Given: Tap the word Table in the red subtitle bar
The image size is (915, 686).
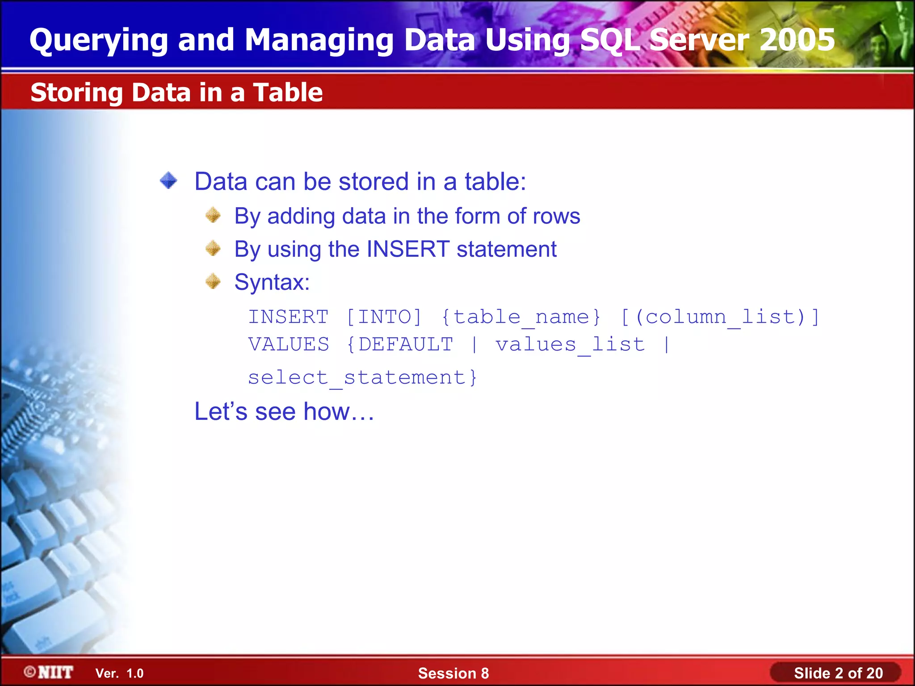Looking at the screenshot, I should (x=288, y=92).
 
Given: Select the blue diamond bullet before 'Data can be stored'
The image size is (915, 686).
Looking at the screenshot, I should (x=168, y=181).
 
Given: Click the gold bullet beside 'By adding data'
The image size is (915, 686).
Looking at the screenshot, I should (x=213, y=215).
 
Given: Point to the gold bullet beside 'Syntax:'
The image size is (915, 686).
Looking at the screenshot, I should (x=213, y=281).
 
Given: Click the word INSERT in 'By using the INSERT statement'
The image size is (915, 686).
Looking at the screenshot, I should (x=407, y=249).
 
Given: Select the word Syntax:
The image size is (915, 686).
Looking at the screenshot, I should (x=272, y=282).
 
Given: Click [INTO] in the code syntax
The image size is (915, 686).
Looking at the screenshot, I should (x=384, y=317).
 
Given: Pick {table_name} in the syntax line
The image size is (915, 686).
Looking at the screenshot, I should (x=521, y=317).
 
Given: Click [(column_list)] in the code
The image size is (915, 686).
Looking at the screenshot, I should (x=720, y=317).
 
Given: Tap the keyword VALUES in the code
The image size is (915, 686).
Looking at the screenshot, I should (x=289, y=344).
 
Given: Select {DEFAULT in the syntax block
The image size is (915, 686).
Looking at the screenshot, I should (x=399, y=344).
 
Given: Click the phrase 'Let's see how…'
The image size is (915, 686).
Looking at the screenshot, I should (x=284, y=411).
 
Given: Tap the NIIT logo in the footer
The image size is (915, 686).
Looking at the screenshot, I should (x=49, y=672).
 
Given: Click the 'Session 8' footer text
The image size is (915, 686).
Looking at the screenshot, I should (x=453, y=673).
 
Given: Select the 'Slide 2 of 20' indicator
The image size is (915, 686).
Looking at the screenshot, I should (x=838, y=673).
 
